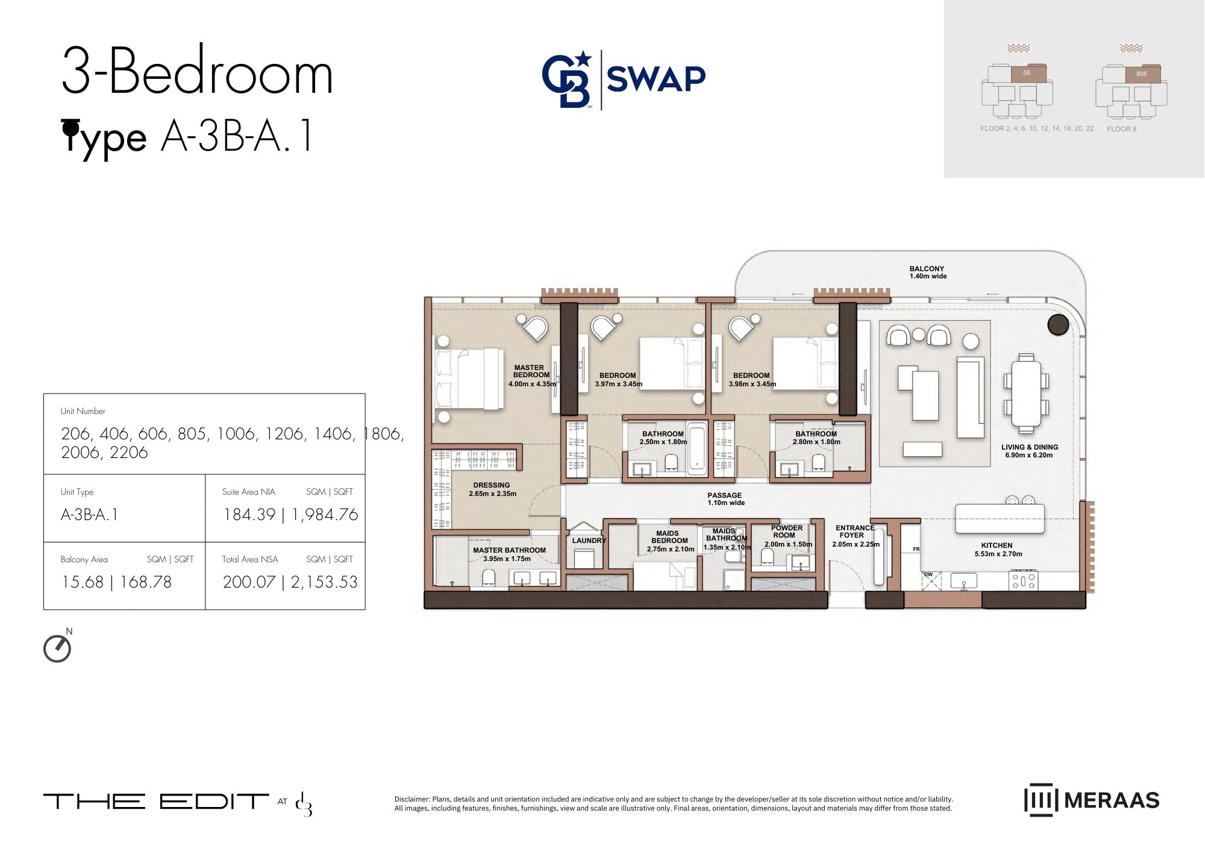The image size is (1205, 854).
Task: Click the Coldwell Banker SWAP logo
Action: tap(624, 80)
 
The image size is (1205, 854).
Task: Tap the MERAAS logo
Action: tap(1091, 800)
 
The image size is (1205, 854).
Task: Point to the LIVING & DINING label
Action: tap(1030, 451)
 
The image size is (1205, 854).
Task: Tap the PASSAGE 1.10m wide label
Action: tap(725, 499)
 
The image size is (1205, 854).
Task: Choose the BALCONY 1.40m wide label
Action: tap(928, 272)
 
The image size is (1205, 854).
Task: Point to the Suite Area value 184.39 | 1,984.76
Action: tap(290, 515)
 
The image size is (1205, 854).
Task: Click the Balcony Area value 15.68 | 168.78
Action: tap(116, 582)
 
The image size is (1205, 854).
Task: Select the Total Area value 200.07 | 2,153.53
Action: tap(290, 582)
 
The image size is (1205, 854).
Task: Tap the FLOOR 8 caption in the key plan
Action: tap(1122, 129)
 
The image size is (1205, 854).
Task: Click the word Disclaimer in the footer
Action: tap(412, 799)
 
